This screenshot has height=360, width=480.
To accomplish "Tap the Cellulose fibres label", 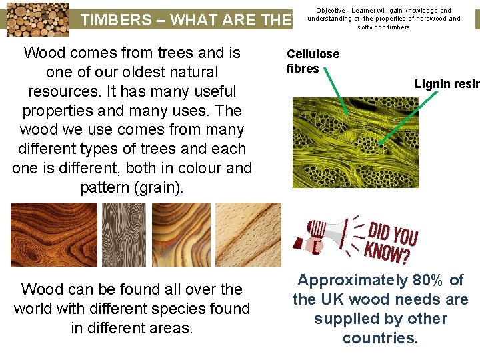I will pos(313,61).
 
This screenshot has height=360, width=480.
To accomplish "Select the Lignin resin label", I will pos(446,84).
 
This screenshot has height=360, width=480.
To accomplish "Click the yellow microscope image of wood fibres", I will pos(355,143).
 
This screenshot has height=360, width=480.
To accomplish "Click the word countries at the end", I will pos(380,338).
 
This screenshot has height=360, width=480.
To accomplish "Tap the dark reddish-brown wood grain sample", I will pos(53,235).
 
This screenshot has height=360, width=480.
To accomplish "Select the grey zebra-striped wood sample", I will pos(123,235).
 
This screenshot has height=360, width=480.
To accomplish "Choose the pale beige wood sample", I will pos(248,235).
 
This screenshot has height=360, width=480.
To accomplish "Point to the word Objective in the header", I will pos(330,11).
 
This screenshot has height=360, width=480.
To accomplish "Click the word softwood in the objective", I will pos(373,27).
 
